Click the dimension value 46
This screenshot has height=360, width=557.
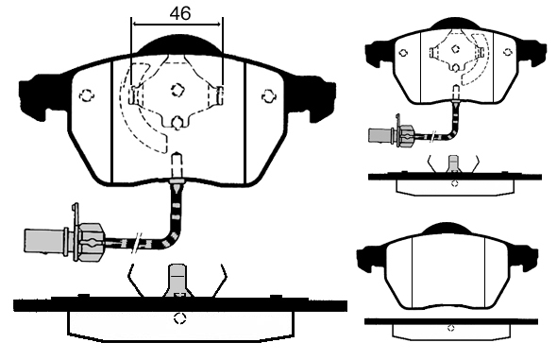point(180,13)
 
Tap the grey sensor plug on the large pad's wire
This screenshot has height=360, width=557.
point(46,241)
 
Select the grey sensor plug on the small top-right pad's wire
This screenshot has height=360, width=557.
point(380,135)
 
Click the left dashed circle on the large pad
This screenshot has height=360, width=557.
point(86,95)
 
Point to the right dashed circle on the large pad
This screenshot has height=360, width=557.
point(268,95)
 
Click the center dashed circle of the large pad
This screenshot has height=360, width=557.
point(177,90)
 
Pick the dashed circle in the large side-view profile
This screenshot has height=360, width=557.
point(180,318)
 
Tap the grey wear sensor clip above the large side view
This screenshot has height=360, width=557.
point(178,280)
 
